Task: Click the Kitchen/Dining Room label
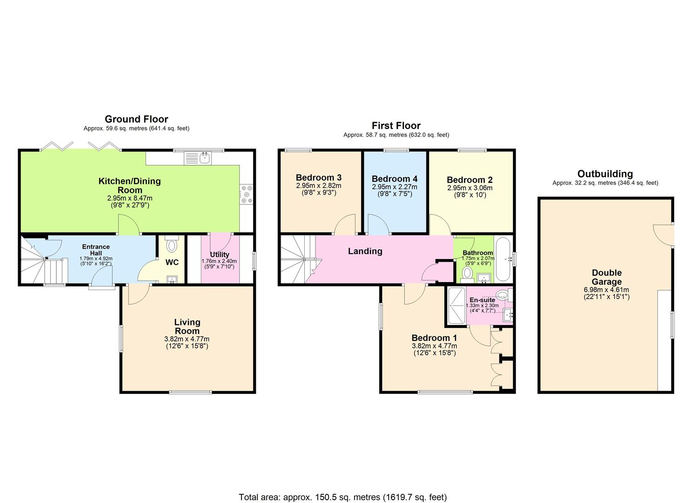[130, 185]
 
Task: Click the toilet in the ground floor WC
[171, 245]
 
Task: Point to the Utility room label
[219, 254]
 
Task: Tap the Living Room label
[187, 326]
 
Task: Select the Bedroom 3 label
[319, 177]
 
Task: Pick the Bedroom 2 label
[469, 180]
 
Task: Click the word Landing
[365, 251]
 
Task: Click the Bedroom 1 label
[434, 338]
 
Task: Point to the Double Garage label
[606, 277]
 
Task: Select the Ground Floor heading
[136, 119]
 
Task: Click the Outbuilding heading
[605, 174]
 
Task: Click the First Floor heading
[396, 126]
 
